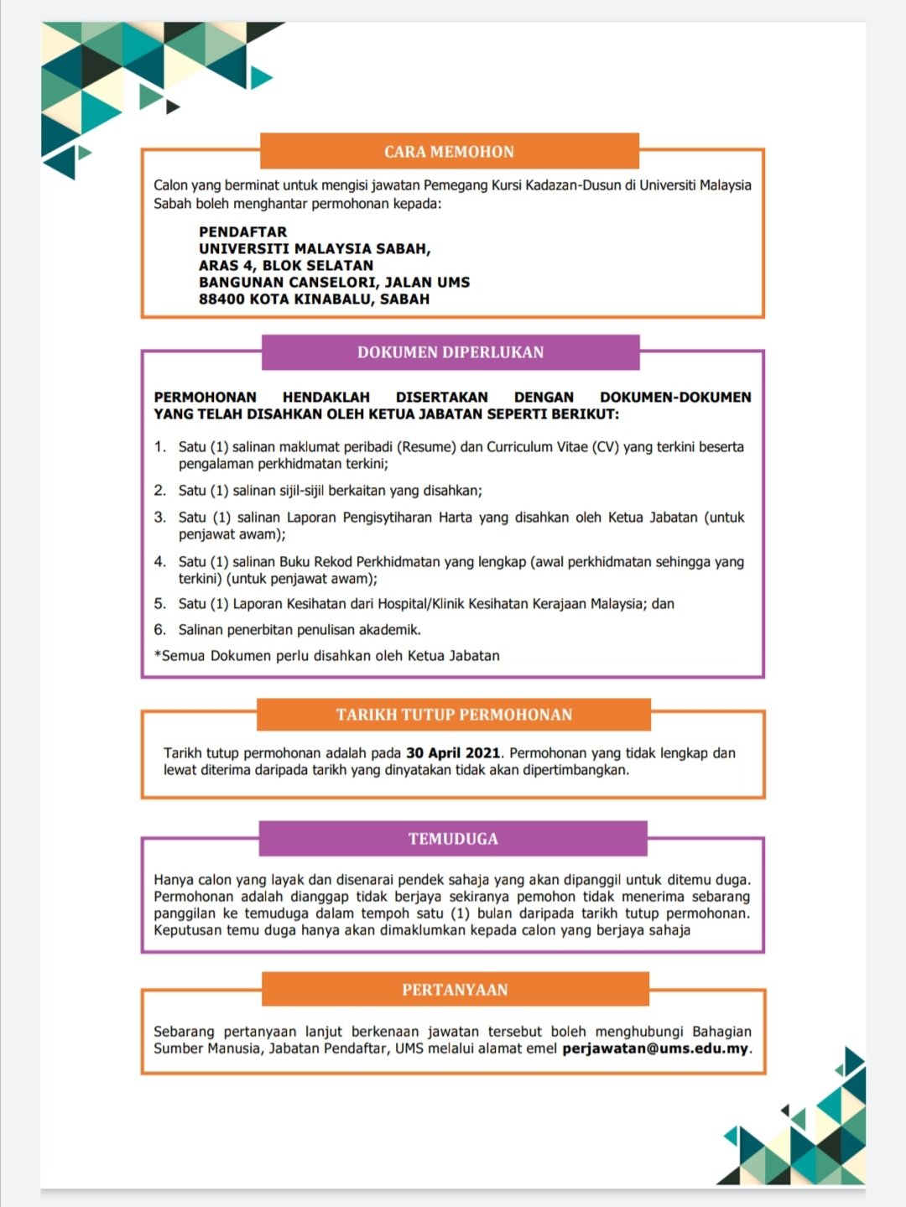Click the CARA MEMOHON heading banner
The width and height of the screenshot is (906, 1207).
pos(450,152)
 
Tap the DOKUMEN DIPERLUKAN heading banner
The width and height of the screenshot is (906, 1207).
pos(450,352)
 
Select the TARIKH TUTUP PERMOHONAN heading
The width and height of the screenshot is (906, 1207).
pos(454,715)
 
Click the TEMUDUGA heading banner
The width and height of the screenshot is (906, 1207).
pos(453,839)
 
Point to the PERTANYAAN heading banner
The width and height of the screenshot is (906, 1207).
pos(455,990)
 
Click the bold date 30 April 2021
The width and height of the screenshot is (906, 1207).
pos(453,753)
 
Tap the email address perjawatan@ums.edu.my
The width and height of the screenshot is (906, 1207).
pos(655,1048)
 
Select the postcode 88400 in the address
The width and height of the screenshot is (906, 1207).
pos(221,299)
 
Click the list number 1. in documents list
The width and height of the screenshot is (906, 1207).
pos(160,447)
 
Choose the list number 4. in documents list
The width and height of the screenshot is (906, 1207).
pos(160,562)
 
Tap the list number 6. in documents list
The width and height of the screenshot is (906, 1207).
pos(160,630)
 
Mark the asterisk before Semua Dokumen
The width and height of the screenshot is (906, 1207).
pos(157,655)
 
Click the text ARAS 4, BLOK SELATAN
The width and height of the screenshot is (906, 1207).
pos(286,265)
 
